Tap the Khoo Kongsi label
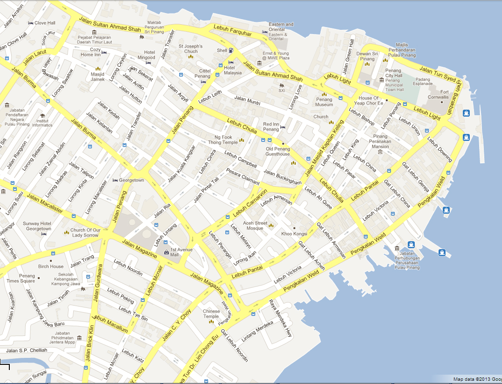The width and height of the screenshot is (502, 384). (x=294, y=233)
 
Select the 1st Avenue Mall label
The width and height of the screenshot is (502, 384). (x=181, y=252)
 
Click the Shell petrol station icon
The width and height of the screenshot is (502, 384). (x=231, y=50)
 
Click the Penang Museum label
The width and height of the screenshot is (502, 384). (x=324, y=102)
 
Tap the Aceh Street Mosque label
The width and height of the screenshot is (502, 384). (x=255, y=226)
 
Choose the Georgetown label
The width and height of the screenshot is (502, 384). (x=131, y=180)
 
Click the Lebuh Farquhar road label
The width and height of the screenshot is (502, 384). (x=232, y=31)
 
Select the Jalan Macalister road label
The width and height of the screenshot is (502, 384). (x=45, y=204)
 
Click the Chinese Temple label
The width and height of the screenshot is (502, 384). (x=211, y=314)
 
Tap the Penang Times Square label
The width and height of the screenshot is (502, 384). (x=21, y=279)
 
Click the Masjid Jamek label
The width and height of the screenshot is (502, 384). (x=98, y=77)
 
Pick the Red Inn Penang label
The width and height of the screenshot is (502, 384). (x=271, y=127)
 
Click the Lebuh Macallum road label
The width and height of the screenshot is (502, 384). (x=111, y=324)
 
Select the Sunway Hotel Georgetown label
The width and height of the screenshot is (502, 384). (x=38, y=226)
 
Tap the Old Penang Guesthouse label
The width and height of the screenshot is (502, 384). (x=278, y=151)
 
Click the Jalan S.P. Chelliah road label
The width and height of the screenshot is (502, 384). (x=27, y=350)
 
